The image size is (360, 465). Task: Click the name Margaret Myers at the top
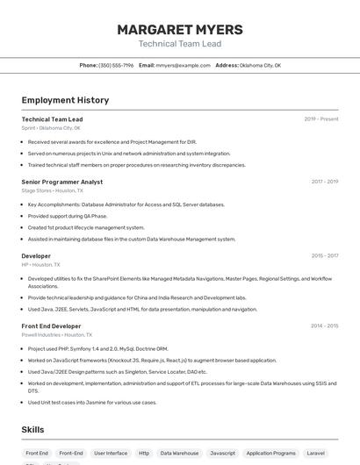(x=179, y=30)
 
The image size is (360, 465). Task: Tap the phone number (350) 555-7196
(x=116, y=65)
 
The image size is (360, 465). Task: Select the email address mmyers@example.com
(x=183, y=65)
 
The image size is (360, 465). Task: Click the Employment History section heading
(x=65, y=100)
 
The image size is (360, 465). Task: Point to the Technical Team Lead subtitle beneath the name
(x=179, y=44)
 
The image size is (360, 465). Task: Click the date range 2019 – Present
(x=320, y=119)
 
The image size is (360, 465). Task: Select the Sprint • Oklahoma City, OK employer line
(x=51, y=128)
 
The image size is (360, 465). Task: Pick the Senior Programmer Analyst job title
(x=62, y=182)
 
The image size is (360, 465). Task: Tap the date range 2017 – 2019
(x=324, y=182)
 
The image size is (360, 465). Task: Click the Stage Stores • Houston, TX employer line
(x=53, y=190)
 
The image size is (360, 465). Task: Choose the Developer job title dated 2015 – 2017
(x=36, y=255)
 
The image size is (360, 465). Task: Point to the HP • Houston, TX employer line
(x=41, y=264)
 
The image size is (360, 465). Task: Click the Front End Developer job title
(x=51, y=325)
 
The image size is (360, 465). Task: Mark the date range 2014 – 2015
(x=324, y=325)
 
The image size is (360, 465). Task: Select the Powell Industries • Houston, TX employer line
(x=57, y=334)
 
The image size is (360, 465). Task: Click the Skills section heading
(x=33, y=430)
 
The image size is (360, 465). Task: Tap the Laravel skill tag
(x=315, y=453)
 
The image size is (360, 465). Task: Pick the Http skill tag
(x=144, y=453)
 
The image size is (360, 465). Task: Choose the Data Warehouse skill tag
(x=179, y=453)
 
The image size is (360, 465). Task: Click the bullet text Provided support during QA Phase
(x=68, y=216)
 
